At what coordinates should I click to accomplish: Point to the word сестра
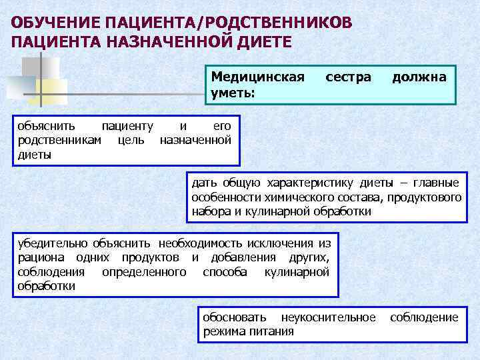348,77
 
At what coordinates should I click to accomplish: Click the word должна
419,77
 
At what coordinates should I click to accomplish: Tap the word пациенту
127,125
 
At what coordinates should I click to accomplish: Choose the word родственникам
60,140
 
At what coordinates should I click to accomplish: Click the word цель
131,140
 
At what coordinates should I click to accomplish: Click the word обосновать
234,317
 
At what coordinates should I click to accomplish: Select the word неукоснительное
328,317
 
